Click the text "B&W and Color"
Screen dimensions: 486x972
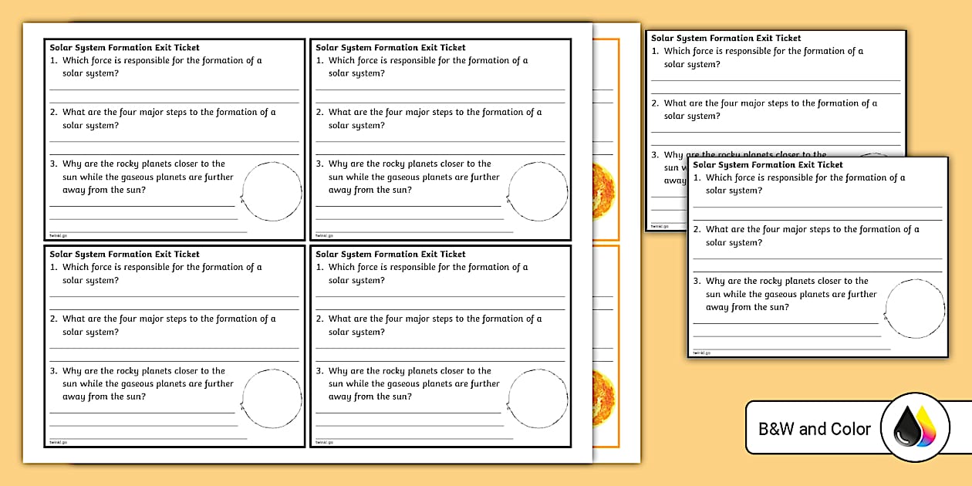815,429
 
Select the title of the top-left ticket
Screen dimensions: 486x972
124,47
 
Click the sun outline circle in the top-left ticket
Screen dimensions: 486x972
272,191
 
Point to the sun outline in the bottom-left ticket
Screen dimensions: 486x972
272,398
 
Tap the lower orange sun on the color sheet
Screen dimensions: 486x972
605,398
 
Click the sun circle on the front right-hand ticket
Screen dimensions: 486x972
915,309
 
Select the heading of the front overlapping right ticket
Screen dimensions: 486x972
768,164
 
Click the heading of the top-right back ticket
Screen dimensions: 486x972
726,38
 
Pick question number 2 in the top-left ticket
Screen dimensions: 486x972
54,113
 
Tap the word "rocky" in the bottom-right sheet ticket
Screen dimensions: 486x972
397,371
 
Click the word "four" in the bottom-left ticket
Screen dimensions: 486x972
128,319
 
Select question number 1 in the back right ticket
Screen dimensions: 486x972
655,52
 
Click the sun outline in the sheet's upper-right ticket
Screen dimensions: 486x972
538,191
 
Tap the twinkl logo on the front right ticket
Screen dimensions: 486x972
701,353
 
